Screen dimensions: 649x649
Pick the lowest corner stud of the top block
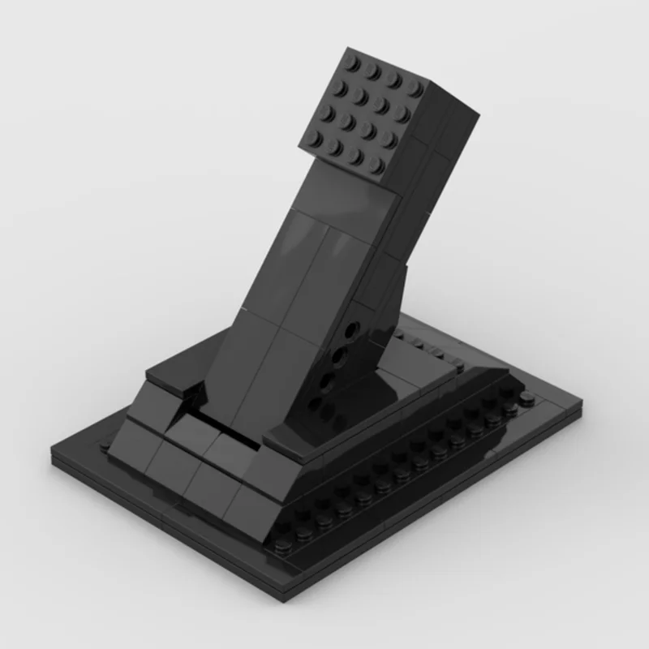[x=375, y=165]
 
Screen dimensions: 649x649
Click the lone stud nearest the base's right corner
[x=528, y=397]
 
